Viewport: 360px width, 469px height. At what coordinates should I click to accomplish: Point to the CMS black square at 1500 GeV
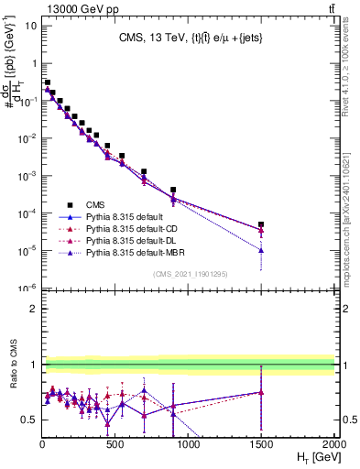[261, 224]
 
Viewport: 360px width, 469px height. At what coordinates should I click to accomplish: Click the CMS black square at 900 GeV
[173, 190]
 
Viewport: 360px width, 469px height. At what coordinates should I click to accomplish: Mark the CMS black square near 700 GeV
[144, 171]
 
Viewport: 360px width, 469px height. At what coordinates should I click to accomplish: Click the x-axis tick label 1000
[188, 444]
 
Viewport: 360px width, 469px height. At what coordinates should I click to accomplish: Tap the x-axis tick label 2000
[333, 444]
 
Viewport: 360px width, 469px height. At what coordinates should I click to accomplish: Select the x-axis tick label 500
[115, 444]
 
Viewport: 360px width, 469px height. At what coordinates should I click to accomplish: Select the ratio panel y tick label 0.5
[29, 420]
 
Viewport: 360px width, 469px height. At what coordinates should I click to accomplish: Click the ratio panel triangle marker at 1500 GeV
[261, 392]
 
